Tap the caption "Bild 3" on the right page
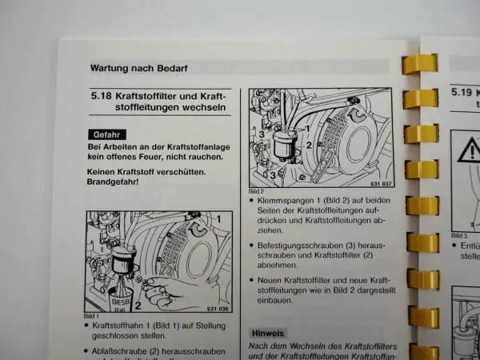point(458,235)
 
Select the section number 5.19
point(462,92)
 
